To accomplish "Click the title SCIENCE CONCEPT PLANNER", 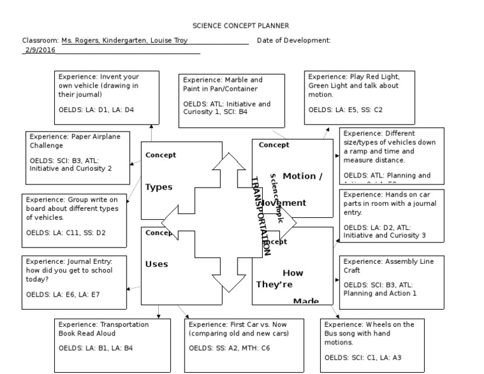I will click(x=241, y=26).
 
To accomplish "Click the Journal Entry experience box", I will click(x=75, y=278).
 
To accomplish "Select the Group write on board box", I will click(x=75, y=216).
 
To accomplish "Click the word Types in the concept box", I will click(x=159, y=187).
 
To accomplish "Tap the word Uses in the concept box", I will click(x=156, y=264).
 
